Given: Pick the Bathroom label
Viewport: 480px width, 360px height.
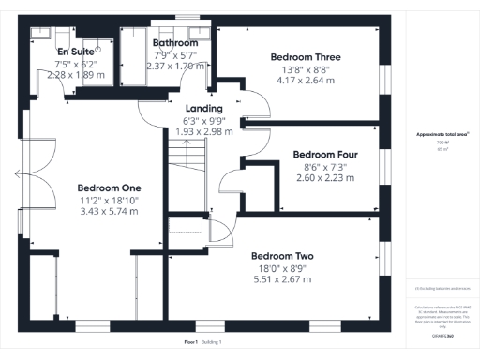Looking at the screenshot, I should click(x=175, y=43).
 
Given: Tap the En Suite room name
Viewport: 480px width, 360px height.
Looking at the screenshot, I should click(x=76, y=51).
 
